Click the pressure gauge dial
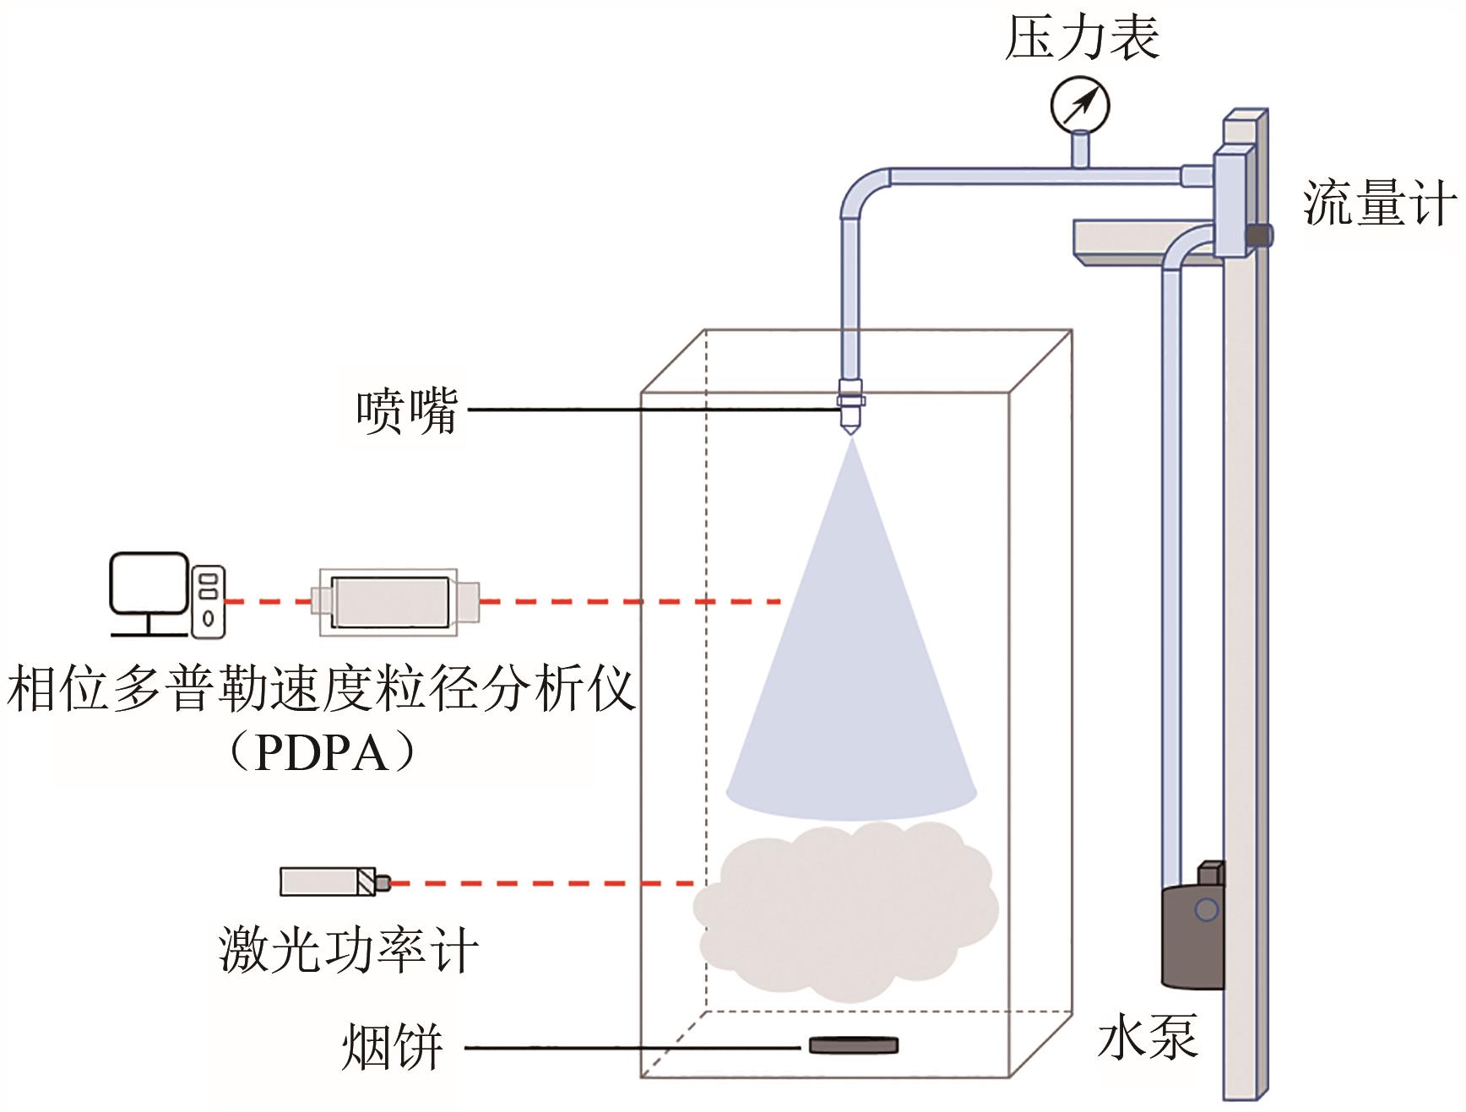(x=1080, y=105)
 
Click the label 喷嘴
(x=406, y=411)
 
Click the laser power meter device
(x=331, y=881)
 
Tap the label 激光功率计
(x=348, y=950)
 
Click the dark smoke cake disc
(x=854, y=1045)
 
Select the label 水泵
(x=1148, y=1036)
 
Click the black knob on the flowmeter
(x=1260, y=236)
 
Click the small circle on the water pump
(x=1207, y=909)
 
